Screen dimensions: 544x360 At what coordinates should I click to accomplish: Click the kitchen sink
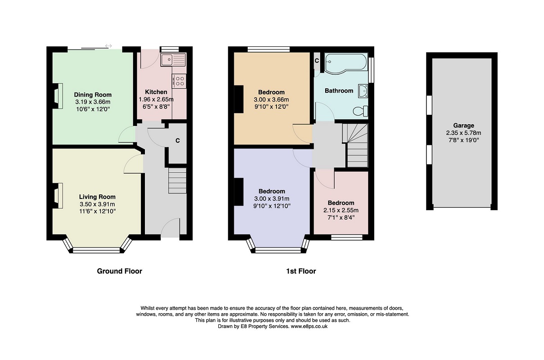(173, 59)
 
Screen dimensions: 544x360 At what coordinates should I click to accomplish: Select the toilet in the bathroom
(360, 111)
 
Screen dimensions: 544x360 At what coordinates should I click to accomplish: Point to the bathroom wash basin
(363, 91)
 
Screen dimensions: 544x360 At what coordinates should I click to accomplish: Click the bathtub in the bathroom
(346, 62)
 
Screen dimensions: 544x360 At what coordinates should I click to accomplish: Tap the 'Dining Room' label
(93, 94)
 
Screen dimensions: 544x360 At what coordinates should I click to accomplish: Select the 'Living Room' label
(97, 197)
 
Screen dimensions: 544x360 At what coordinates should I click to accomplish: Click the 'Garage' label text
(463, 126)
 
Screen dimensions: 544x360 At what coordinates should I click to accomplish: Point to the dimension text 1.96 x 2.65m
(156, 99)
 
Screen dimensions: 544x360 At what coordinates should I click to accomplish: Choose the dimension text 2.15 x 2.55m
(341, 210)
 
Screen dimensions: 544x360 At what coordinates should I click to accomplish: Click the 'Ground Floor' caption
(119, 271)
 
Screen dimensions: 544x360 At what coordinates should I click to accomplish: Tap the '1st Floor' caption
(301, 271)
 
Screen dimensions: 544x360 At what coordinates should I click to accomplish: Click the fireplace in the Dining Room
(58, 96)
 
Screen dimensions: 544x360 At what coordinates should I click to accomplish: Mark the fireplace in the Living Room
(58, 196)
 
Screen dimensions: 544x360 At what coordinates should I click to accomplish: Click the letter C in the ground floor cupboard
(177, 140)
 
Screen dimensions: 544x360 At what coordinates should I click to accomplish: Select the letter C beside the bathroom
(317, 61)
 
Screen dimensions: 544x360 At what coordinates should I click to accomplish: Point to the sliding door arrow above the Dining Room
(109, 46)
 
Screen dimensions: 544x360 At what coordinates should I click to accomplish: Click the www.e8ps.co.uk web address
(309, 327)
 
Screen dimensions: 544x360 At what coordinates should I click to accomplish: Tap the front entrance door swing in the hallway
(170, 227)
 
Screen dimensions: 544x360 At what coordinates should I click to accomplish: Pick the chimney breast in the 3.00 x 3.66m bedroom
(239, 99)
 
